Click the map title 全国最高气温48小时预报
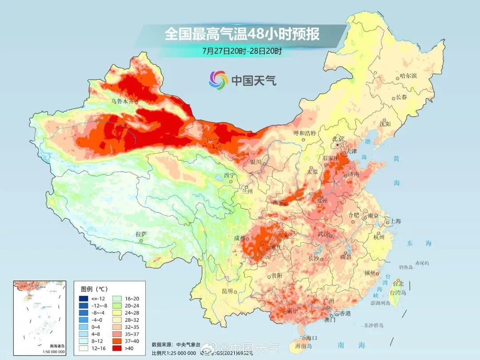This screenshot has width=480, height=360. pyautogui.click(x=242, y=34)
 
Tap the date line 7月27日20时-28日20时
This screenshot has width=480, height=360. pyautogui.click(x=242, y=51)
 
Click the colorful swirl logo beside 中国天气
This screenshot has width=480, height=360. pyautogui.click(x=218, y=80)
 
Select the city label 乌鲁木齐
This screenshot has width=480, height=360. pyautogui.click(x=122, y=101)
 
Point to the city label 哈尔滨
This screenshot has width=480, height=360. pyautogui.click(x=408, y=76)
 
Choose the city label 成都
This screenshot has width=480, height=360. pyautogui.click(x=240, y=238)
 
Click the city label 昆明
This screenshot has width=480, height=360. pyautogui.click(x=228, y=291)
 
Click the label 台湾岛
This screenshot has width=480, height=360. pyautogui.click(x=398, y=292)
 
